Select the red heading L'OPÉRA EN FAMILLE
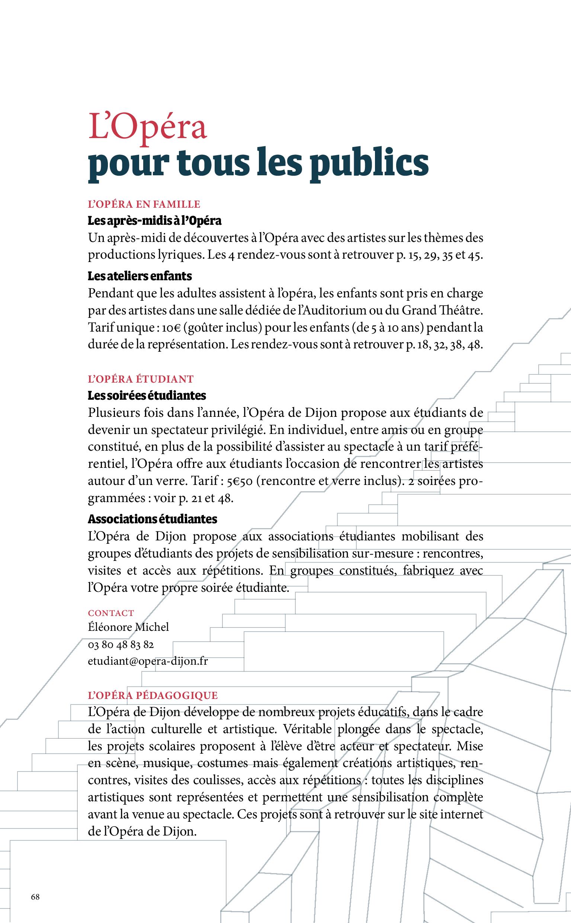click(144, 204)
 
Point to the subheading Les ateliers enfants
click(140, 276)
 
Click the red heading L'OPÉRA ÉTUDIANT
click(141, 379)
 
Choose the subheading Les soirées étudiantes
click(147, 396)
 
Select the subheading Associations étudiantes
click(152, 519)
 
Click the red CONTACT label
click(110, 613)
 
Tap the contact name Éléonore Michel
click(128, 627)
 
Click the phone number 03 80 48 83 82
click(121, 645)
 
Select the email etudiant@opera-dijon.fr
click(148, 661)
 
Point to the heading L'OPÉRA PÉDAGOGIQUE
click(153, 696)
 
